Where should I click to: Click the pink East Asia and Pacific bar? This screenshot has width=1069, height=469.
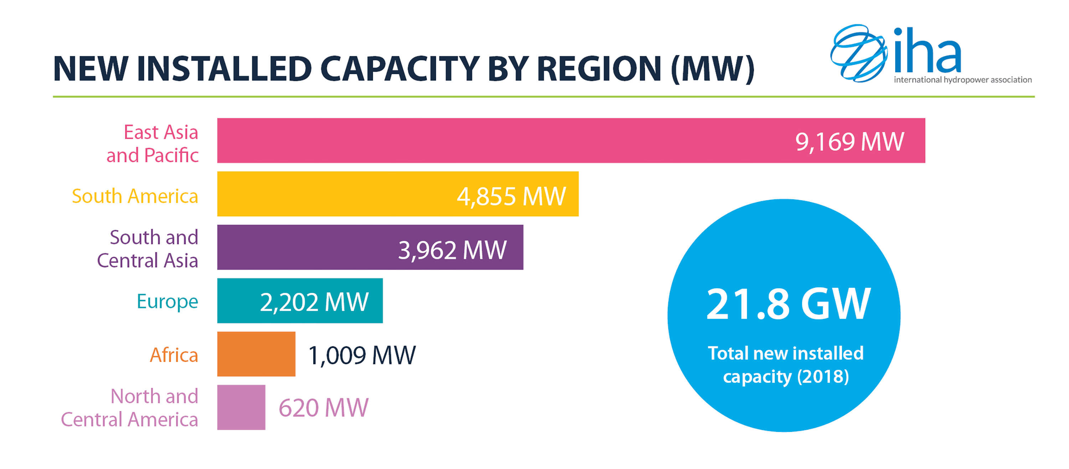click(x=498, y=140)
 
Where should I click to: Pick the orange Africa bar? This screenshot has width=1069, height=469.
click(x=256, y=354)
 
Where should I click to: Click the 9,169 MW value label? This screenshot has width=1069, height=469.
click(x=849, y=141)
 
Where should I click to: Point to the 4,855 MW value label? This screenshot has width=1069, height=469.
click(x=511, y=196)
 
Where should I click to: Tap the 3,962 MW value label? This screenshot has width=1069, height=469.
click(x=452, y=249)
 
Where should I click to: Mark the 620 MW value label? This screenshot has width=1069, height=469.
click(x=323, y=408)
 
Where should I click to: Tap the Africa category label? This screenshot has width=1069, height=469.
click(x=174, y=355)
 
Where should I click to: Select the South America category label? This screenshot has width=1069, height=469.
click(x=135, y=196)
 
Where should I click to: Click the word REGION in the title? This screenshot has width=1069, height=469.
click(x=599, y=69)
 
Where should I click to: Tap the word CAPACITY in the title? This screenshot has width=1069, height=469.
click(x=400, y=69)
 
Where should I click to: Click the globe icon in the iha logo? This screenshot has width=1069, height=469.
click(x=858, y=53)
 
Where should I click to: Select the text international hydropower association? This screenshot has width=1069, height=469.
click(x=962, y=80)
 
